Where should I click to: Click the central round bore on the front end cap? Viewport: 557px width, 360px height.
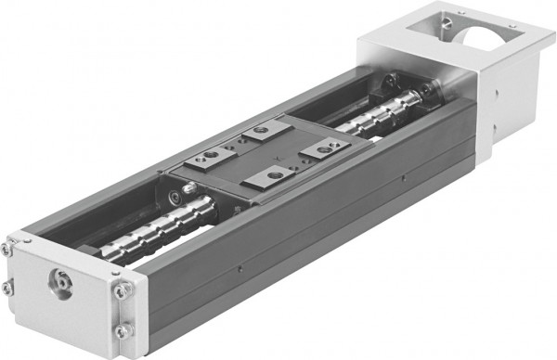pyautogui.click(x=62, y=280)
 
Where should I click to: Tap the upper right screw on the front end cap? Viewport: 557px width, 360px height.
pyautogui.click(x=118, y=289)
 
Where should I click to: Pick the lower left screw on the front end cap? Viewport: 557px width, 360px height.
pyautogui.click(x=8, y=289)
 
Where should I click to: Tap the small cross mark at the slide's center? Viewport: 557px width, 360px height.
pyautogui.click(x=262, y=153)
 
